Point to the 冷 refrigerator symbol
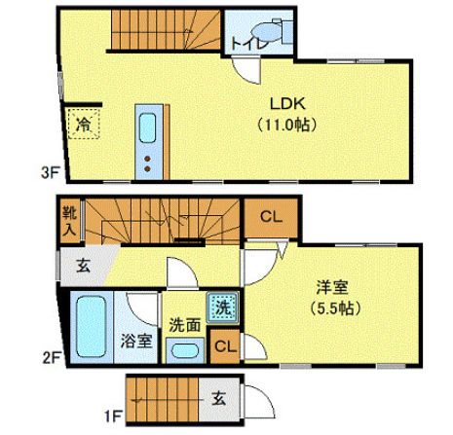tap(85, 124)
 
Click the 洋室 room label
tap(330, 287)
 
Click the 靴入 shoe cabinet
tap(69, 221)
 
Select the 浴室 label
tap(135, 342)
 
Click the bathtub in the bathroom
tap(93, 327)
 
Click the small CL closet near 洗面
tap(224, 345)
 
